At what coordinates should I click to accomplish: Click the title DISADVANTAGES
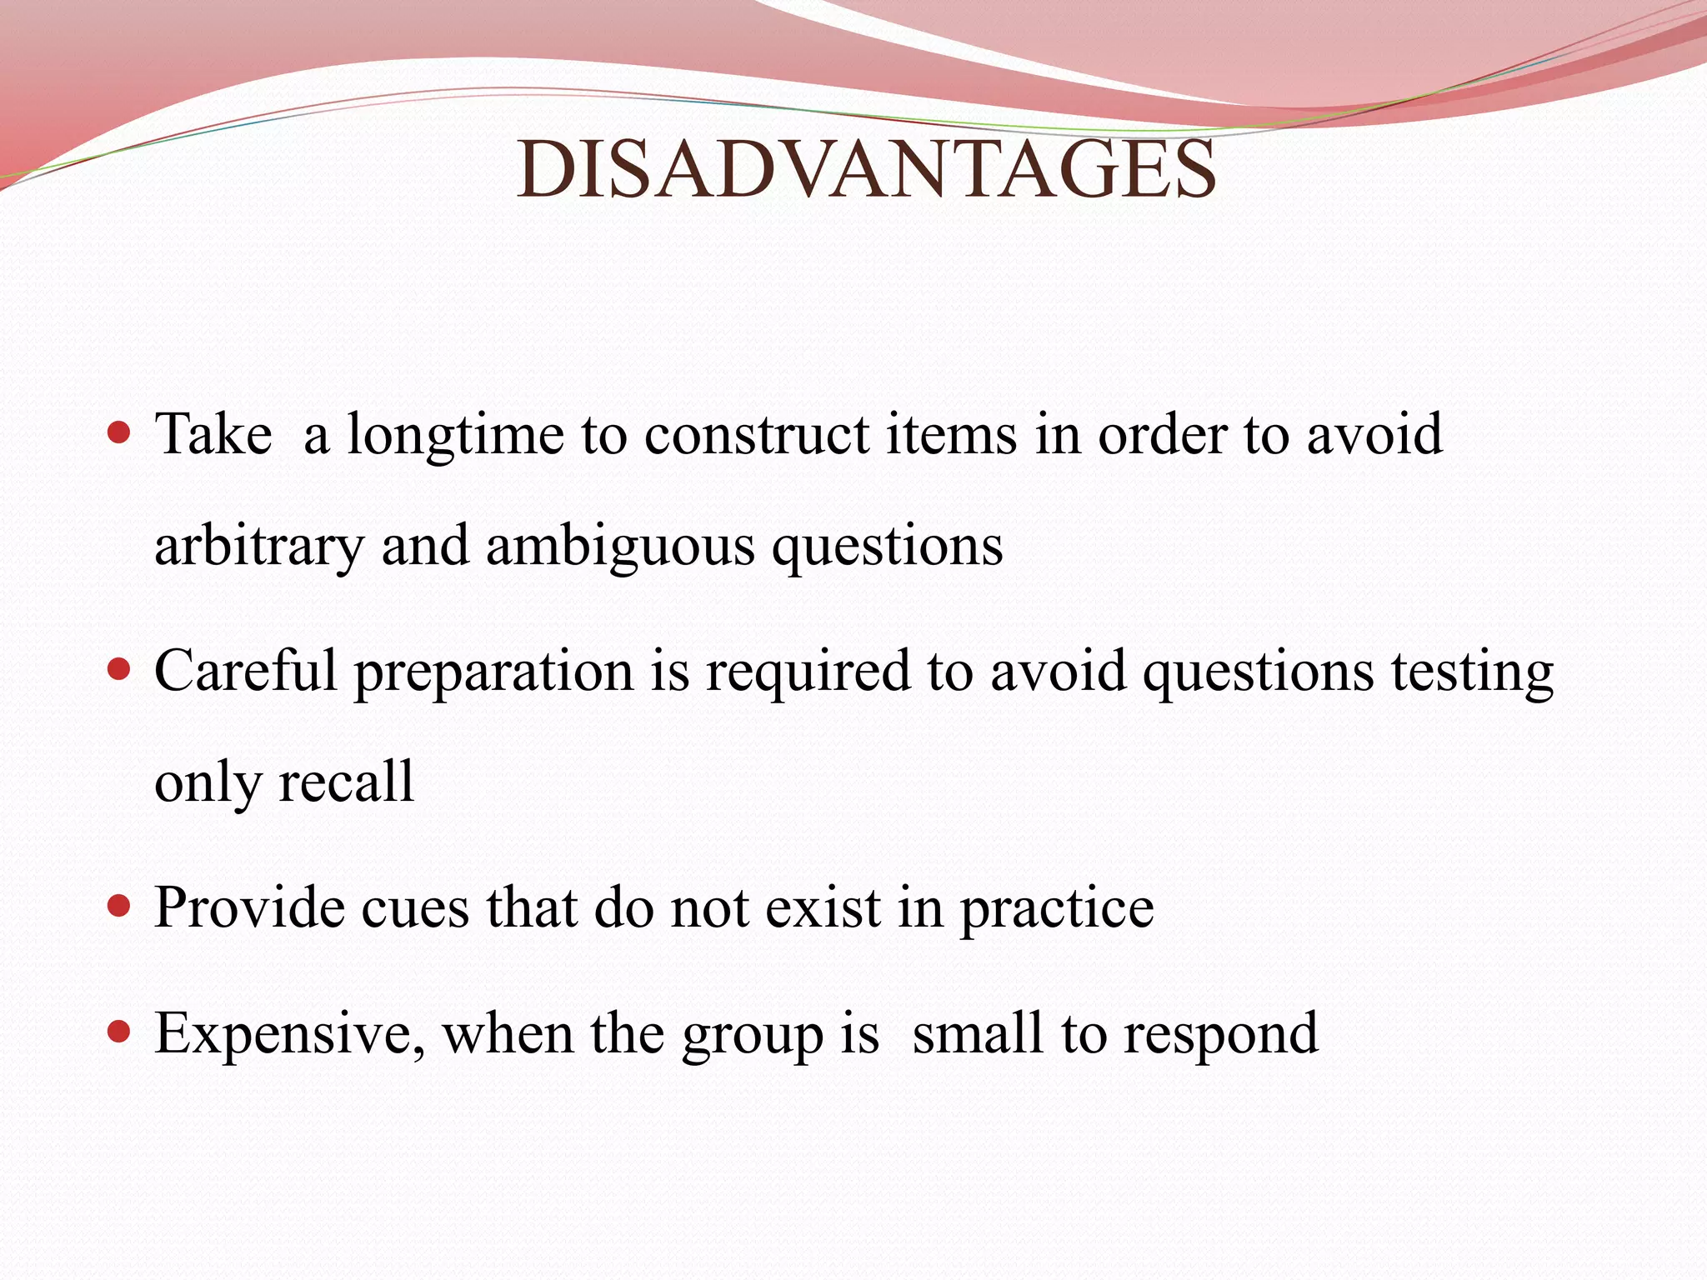coord(866,170)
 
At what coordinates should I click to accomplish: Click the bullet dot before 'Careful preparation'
coord(120,669)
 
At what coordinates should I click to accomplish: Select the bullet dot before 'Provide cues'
coord(120,906)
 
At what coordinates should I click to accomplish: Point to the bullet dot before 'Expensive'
coord(120,1032)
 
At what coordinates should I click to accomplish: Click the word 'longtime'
coord(455,435)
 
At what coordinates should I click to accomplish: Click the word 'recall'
coord(346,782)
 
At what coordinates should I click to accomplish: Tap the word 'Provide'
coord(249,907)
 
